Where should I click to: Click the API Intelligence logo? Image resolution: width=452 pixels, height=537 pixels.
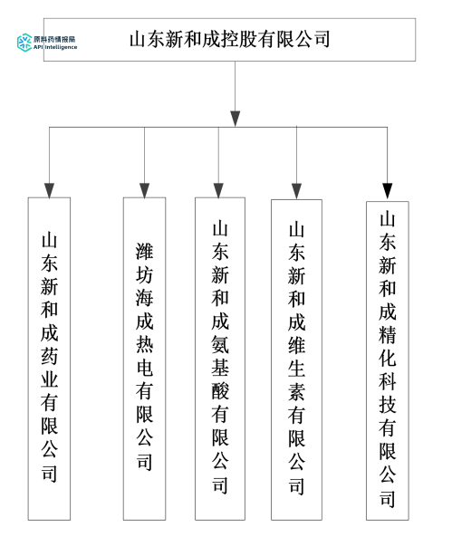pos(47,42)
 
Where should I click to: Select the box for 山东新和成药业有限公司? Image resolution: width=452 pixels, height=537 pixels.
pos(49,358)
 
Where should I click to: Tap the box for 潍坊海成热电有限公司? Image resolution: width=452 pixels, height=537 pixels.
pos(144,358)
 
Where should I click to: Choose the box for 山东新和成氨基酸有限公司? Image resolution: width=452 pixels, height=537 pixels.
pos(219,358)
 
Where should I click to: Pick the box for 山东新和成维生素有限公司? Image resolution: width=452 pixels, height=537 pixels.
pos(296,358)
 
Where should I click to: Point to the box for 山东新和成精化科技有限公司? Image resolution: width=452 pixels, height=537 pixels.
pos(387,360)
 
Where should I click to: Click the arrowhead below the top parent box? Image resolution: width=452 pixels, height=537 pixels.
pos(236,119)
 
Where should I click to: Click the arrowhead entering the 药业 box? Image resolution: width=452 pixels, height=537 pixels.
pos(49,190)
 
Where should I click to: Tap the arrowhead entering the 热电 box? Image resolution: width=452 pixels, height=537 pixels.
pos(144,190)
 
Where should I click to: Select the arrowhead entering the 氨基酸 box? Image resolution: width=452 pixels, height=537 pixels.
pos(219,190)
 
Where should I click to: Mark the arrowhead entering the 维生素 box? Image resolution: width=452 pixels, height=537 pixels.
pos(296,190)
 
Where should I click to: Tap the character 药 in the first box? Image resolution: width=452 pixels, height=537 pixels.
pos(49,356)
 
